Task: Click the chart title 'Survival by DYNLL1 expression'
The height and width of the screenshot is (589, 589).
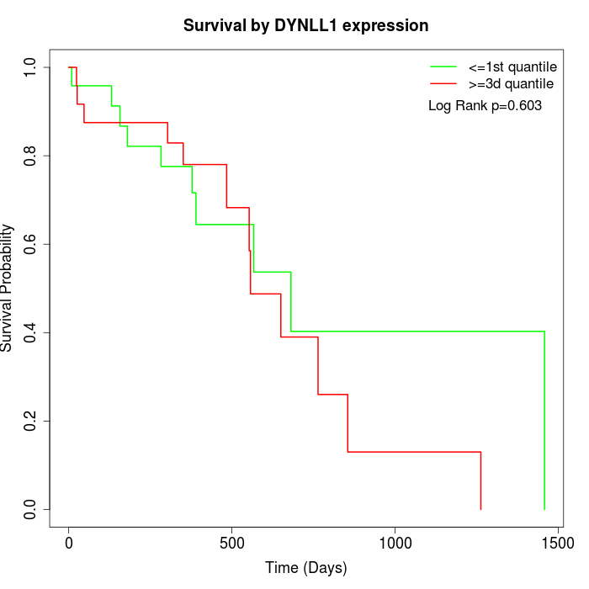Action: coord(305,26)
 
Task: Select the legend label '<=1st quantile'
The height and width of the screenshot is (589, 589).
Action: coord(512,66)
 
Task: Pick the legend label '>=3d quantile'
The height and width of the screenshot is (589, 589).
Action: coord(511,84)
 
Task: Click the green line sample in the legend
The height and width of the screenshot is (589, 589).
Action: coord(443,66)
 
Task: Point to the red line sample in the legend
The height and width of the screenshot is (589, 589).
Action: coord(443,84)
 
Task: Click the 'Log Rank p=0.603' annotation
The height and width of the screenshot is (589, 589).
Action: coord(485,106)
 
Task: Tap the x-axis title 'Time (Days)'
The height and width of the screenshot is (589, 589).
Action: coord(305,568)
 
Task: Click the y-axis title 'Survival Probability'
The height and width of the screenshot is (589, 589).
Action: coord(8,288)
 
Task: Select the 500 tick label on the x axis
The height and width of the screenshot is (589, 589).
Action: coord(231,543)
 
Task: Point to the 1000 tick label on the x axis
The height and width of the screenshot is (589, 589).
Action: coord(395,543)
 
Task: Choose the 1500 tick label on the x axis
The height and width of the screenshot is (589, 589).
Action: coord(557,543)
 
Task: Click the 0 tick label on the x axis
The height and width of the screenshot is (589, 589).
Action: coord(69,543)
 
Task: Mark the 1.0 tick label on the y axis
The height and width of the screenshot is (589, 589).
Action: coord(31,67)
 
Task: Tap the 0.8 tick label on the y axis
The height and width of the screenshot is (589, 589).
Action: coord(31,156)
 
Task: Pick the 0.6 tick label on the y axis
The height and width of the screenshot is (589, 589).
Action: coord(31,244)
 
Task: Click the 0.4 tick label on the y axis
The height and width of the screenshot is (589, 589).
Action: coord(31,332)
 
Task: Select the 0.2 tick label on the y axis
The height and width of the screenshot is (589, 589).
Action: coord(31,421)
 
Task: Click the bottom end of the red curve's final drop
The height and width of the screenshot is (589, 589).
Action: coord(480,509)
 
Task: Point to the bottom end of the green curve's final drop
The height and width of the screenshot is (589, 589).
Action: coord(544,509)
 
